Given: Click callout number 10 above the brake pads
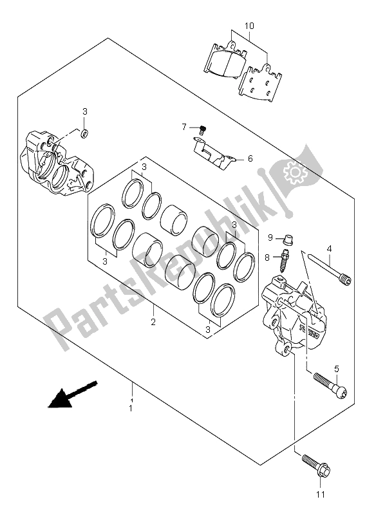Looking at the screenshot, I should click(x=249, y=26).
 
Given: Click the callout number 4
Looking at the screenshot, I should click(x=328, y=248).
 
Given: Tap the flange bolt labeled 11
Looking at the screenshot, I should click(x=314, y=467).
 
